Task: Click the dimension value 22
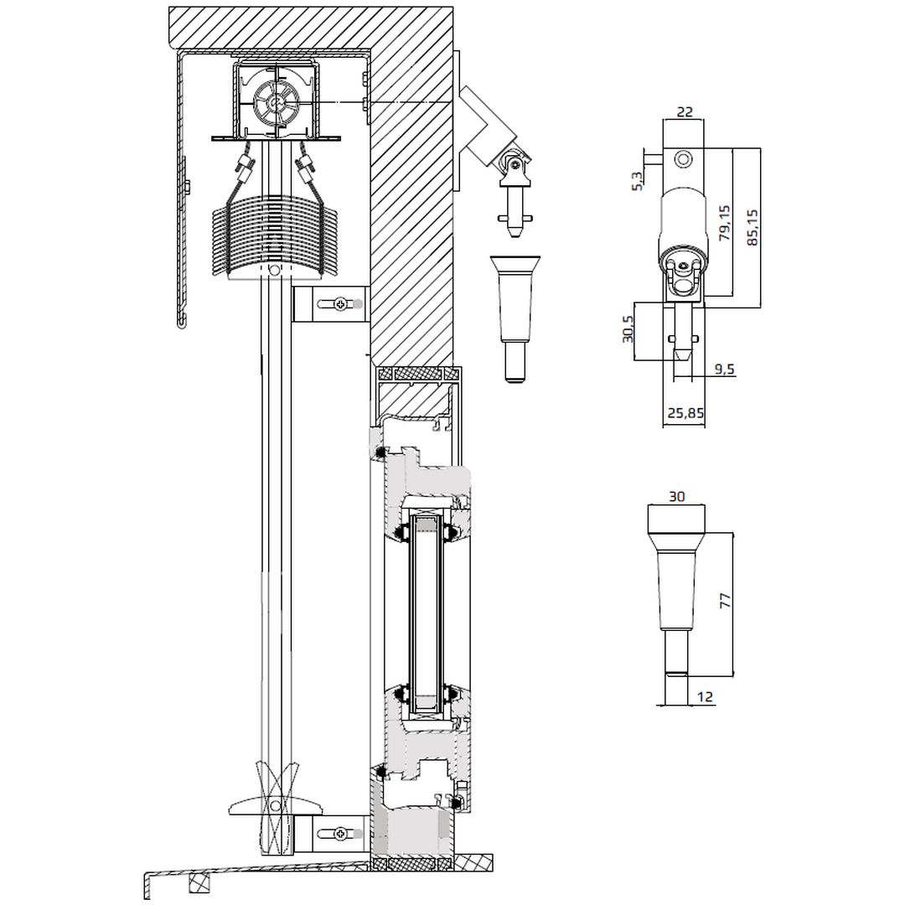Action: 684,111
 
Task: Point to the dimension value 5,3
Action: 637,181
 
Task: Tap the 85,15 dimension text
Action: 752,227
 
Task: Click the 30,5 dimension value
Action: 628,329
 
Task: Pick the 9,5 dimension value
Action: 724,369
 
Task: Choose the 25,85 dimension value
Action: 685,412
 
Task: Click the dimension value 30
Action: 676,496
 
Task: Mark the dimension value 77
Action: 725,600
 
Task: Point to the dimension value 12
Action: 706,696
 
